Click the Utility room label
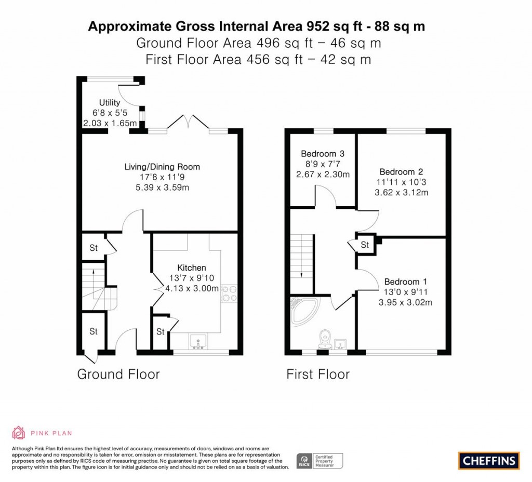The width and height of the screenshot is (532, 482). [x=110, y=103]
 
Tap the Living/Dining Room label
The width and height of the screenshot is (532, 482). [x=162, y=167]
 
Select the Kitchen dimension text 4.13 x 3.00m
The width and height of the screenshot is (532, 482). [x=192, y=288]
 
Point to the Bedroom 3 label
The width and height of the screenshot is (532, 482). [x=323, y=154]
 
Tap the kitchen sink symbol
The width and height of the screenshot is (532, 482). [x=198, y=341]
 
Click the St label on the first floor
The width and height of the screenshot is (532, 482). [x=365, y=245]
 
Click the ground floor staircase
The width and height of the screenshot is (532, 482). [x=93, y=285]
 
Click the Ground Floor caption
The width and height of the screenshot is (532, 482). [x=118, y=374]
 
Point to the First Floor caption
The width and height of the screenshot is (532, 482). [x=318, y=374]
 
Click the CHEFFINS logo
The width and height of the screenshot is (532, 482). [x=489, y=460]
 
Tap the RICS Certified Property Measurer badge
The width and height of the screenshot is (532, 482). [x=320, y=460]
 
